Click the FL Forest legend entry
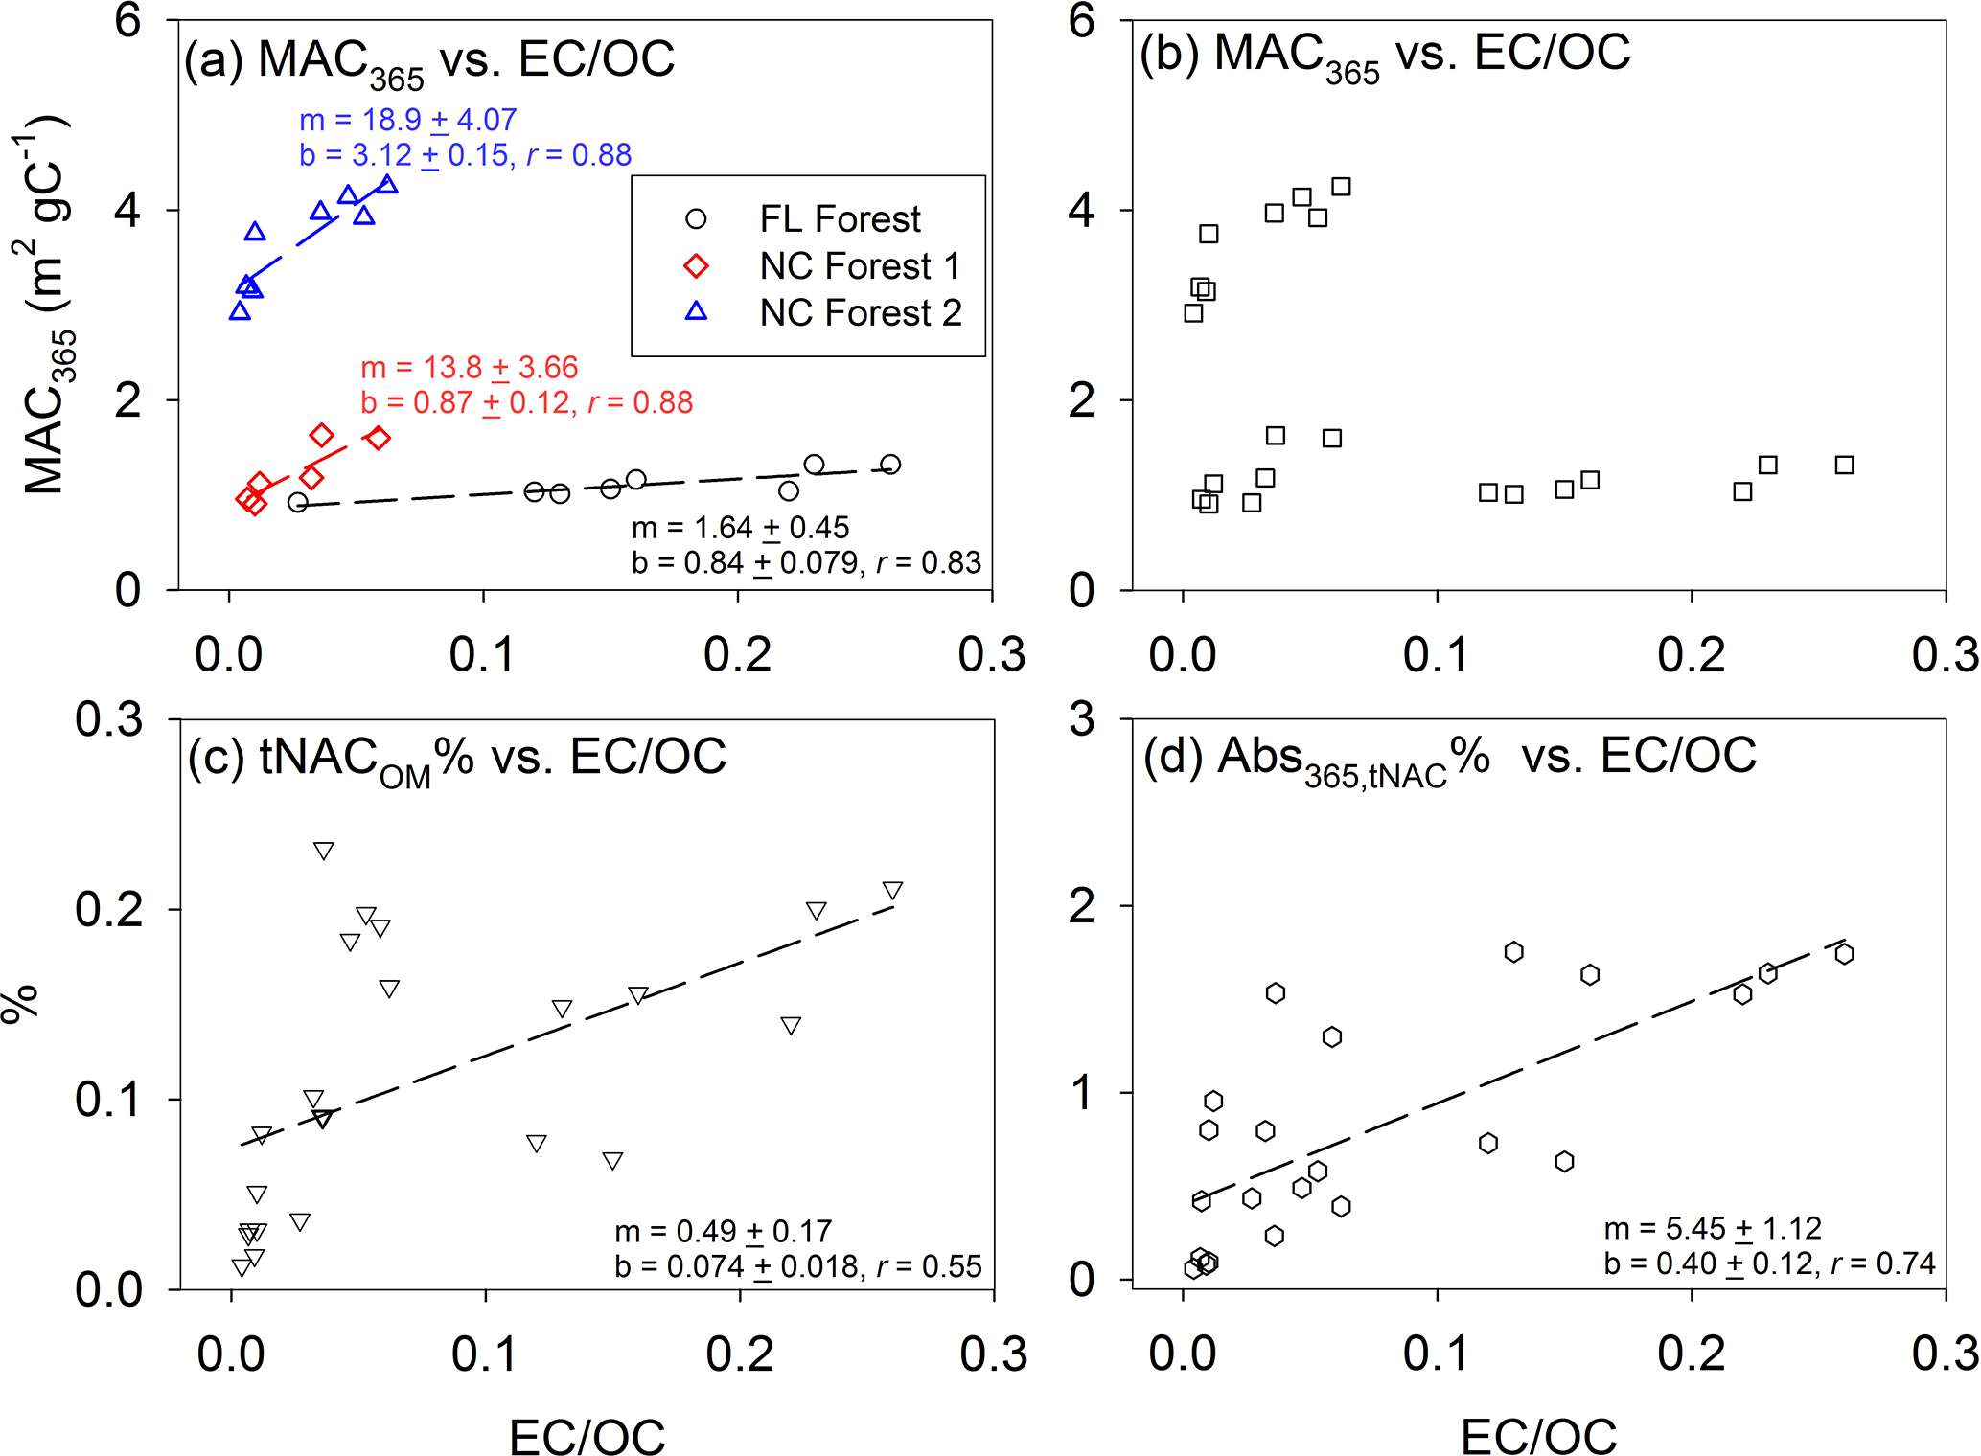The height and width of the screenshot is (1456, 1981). [x=839, y=219]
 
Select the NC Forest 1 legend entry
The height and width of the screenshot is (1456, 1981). [x=859, y=266]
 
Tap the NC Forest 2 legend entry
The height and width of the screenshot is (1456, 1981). [x=860, y=313]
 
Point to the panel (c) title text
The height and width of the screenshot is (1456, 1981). [x=456, y=760]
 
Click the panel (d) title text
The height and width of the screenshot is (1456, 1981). [x=1449, y=758]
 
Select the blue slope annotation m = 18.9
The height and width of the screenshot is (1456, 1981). [x=408, y=120]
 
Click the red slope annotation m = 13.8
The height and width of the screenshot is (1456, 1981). [x=470, y=368]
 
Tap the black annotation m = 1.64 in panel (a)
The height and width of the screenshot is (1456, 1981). [x=740, y=528]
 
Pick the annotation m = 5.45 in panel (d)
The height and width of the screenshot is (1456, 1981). [x=1712, y=1228]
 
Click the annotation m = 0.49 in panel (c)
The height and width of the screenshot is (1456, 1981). [x=723, y=1231]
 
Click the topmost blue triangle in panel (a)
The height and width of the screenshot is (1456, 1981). [x=387, y=183]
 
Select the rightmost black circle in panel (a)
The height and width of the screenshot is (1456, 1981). [x=890, y=465]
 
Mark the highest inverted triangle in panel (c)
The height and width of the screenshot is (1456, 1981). [x=324, y=851]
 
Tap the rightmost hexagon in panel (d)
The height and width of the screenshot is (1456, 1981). [x=1844, y=954]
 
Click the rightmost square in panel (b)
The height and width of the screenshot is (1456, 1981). [x=1844, y=466]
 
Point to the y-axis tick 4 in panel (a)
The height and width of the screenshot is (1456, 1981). [x=127, y=210]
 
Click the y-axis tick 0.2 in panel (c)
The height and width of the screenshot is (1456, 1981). [x=108, y=909]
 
